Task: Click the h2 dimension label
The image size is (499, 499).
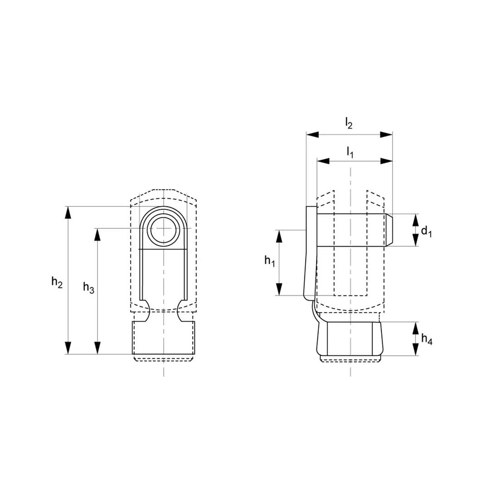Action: tap(57, 282)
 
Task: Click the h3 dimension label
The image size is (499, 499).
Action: tap(88, 287)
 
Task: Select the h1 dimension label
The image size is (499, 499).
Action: tap(269, 261)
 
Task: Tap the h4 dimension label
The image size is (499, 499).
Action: tap(427, 339)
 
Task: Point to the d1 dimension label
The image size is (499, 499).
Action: tap(426, 231)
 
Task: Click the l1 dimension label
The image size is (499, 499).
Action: tap(350, 152)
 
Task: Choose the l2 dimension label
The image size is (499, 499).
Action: tap(349, 123)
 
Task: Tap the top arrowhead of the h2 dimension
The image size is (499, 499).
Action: tap(67, 213)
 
